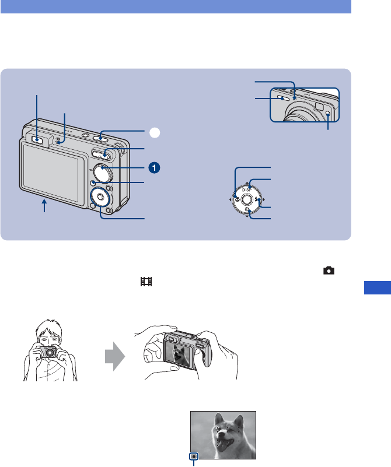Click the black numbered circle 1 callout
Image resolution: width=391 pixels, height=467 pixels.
tap(153, 167)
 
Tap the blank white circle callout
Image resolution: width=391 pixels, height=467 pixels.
tap(153, 133)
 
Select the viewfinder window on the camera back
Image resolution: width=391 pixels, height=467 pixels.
tap(36, 139)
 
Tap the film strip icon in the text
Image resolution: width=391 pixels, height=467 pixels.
tap(146, 282)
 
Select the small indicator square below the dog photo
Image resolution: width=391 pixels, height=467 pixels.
tap(194, 457)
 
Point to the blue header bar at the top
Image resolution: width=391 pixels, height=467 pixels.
tap(176, 6)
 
